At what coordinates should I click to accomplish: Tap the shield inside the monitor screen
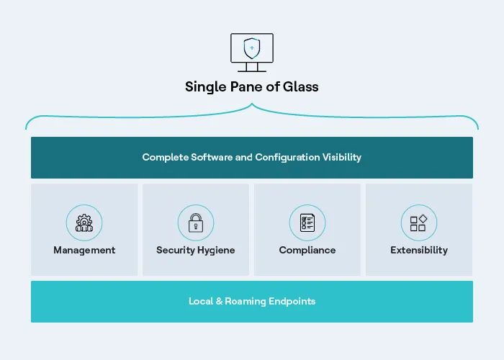tap(252, 48)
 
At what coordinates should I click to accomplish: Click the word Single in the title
tap(203, 87)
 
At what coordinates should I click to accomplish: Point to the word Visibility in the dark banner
tap(338, 157)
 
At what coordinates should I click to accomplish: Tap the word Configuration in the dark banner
tap(285, 157)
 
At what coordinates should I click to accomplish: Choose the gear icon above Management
tap(84, 223)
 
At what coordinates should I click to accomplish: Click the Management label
tap(84, 251)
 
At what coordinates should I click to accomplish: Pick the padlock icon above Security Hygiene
tap(196, 223)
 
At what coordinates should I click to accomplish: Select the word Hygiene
tap(215, 251)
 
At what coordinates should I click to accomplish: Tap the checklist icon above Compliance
tap(307, 223)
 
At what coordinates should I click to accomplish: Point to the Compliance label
tap(307, 251)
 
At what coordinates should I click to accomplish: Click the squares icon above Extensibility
tap(419, 223)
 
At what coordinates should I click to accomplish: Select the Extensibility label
tap(419, 251)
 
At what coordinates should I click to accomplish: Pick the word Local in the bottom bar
tap(201, 301)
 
